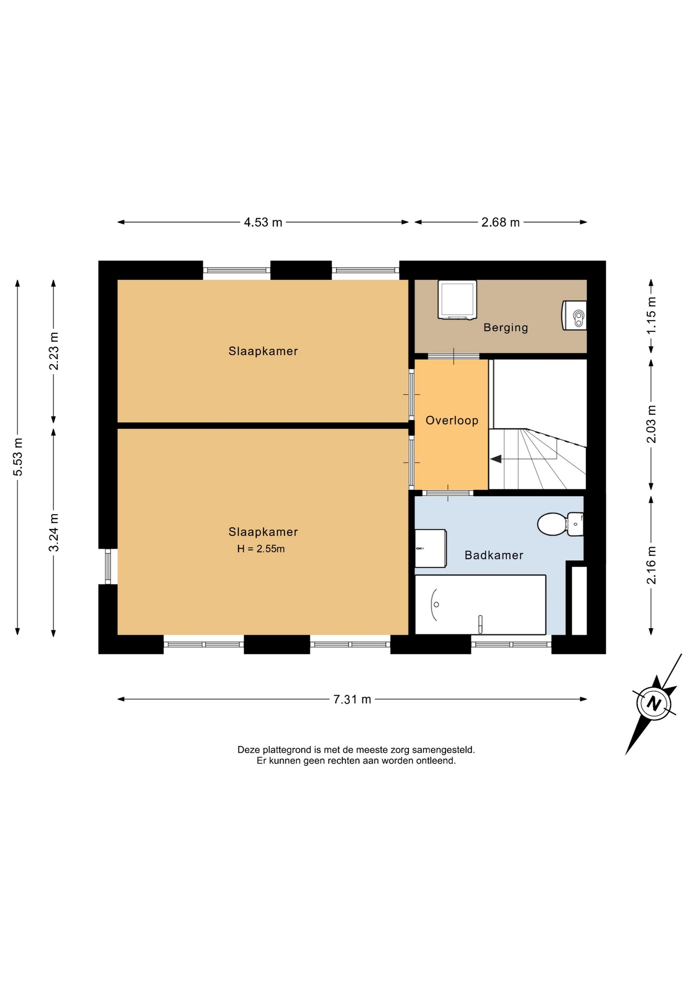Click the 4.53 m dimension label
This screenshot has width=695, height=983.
pyautogui.click(x=263, y=222)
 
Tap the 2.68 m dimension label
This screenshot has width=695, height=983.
pyautogui.click(x=501, y=222)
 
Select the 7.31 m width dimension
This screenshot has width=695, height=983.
pyautogui.click(x=352, y=699)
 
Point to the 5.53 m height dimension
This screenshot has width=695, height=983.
pyautogui.click(x=18, y=457)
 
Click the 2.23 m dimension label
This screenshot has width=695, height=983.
pyautogui.click(x=54, y=351)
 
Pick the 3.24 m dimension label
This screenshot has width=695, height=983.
pyautogui.click(x=54, y=533)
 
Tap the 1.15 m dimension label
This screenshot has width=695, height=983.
pyautogui.click(x=651, y=316)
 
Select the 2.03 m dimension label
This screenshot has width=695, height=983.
pyautogui.click(x=651, y=424)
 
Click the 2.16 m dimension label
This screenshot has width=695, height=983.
pyautogui.click(x=651, y=565)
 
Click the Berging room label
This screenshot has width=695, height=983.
pyautogui.click(x=506, y=328)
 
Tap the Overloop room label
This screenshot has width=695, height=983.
pyautogui.click(x=452, y=420)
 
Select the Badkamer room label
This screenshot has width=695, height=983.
pyautogui.click(x=494, y=555)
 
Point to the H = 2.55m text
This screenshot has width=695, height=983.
pyautogui.click(x=261, y=549)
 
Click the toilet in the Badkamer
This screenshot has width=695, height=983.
pyautogui.click(x=560, y=524)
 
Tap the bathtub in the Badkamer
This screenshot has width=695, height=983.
pyautogui.click(x=480, y=605)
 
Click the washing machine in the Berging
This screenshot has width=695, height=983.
pyautogui.click(x=457, y=300)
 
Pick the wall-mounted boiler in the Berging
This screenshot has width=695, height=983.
pyautogui.click(x=574, y=315)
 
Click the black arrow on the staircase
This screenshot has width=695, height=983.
pyautogui.click(x=496, y=459)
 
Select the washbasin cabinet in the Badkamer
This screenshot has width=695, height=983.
pyautogui.click(x=430, y=548)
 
